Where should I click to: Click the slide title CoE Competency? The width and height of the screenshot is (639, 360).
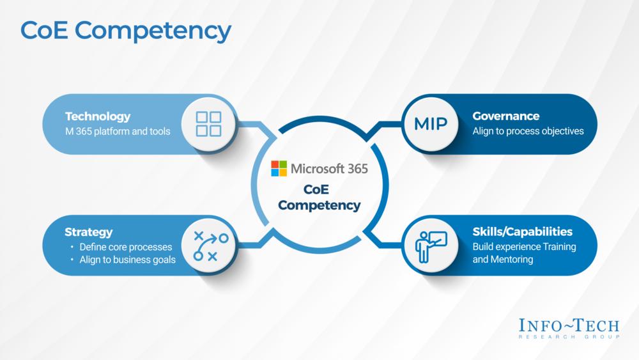(x=125, y=30)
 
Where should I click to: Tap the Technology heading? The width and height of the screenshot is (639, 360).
(x=97, y=116)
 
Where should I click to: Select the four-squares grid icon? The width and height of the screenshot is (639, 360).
(x=208, y=124)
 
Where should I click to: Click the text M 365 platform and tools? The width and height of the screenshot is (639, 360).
(x=118, y=132)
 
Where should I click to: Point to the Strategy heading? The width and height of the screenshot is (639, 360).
(x=88, y=232)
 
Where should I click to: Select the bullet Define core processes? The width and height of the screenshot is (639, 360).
(x=126, y=247)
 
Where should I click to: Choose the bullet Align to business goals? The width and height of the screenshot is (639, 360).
(x=127, y=260)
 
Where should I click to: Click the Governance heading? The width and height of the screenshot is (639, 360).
(x=505, y=116)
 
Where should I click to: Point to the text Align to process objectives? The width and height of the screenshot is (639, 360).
(x=528, y=131)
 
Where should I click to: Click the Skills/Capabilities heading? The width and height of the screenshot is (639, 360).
(x=522, y=231)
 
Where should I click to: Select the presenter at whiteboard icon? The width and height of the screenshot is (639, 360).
(x=431, y=246)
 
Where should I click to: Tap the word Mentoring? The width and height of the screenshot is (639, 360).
(x=512, y=260)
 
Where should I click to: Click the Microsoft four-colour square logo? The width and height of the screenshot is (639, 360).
(x=279, y=169)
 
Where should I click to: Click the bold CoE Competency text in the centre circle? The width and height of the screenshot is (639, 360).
(x=319, y=198)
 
